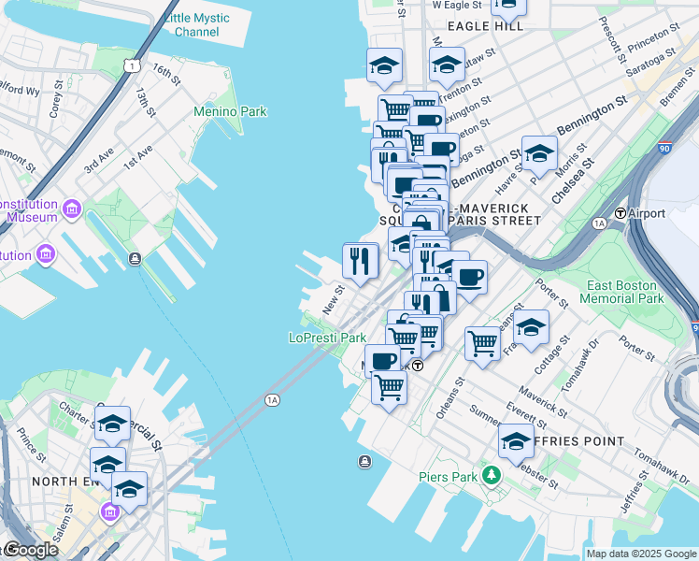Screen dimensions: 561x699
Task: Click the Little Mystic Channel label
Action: (191, 24)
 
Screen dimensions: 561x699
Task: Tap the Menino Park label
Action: (230, 111)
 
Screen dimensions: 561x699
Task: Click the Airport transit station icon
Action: (619, 213)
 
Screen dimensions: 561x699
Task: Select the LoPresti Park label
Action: (327, 338)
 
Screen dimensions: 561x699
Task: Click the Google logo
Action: (30, 549)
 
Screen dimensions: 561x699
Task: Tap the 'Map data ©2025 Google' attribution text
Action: (640, 554)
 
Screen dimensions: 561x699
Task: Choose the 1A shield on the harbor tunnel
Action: (272, 400)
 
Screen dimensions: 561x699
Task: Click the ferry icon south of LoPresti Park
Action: (364, 461)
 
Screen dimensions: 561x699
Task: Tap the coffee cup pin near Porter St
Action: (469, 277)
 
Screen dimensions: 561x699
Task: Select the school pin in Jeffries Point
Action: (516, 440)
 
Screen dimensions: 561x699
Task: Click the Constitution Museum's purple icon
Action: (71, 207)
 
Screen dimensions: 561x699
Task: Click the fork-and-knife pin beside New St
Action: (360, 260)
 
